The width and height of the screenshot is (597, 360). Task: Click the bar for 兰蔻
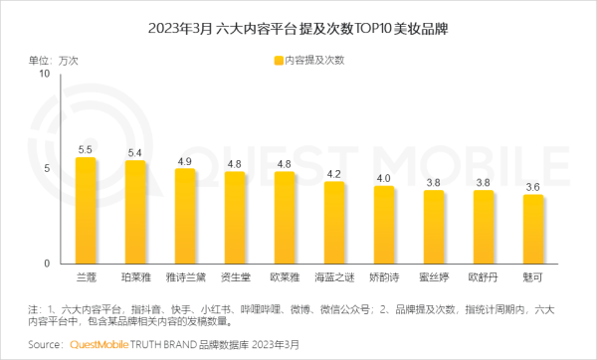(86, 210)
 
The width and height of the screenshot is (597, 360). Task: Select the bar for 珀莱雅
(135, 212)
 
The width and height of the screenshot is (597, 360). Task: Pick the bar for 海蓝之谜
(334, 223)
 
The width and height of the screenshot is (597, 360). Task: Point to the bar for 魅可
(533, 229)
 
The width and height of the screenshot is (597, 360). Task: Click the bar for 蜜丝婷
(434, 227)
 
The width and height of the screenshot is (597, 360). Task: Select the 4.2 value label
(334, 174)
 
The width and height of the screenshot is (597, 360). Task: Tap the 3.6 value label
(533, 186)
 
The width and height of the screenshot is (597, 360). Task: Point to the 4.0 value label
(384, 178)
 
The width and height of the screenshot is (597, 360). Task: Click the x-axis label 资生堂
(235, 274)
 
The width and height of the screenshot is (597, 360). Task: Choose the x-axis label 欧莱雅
(285, 274)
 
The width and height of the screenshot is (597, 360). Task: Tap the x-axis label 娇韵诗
(384, 274)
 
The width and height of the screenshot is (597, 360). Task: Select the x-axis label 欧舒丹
(484, 274)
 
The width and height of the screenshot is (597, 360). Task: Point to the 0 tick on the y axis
(47, 263)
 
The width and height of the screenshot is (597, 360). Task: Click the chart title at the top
(298, 28)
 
